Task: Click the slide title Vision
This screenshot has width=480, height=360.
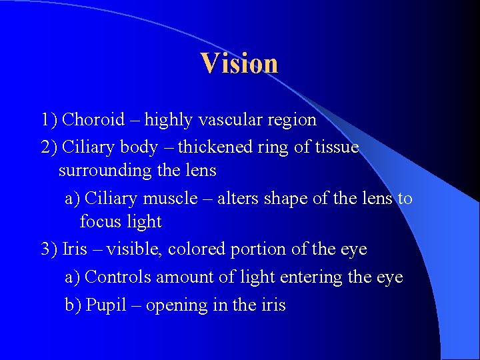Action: pyautogui.click(x=239, y=63)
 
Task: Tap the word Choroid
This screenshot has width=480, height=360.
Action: pyautogui.click(x=93, y=120)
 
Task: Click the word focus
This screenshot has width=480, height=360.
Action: pyautogui.click(x=101, y=221)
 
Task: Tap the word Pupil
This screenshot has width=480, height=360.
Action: pyautogui.click(x=105, y=305)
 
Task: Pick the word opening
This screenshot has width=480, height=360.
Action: pyautogui.click(x=175, y=306)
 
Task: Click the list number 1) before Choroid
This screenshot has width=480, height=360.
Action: pyautogui.click(x=49, y=120)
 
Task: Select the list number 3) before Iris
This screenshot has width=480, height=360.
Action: pyautogui.click(x=49, y=249)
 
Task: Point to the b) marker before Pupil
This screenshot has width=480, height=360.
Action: pyautogui.click(x=73, y=305)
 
